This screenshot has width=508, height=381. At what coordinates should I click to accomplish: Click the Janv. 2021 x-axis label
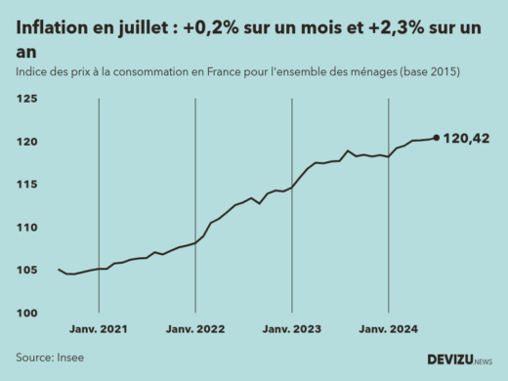101,330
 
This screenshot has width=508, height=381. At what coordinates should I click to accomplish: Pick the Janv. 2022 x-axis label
196,330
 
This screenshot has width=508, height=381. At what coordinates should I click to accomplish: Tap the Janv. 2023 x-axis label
293,330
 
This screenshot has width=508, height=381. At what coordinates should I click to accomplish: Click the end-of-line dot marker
436,138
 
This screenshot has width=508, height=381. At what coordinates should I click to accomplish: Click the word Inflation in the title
52,30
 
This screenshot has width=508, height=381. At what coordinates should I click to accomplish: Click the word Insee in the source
68,358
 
